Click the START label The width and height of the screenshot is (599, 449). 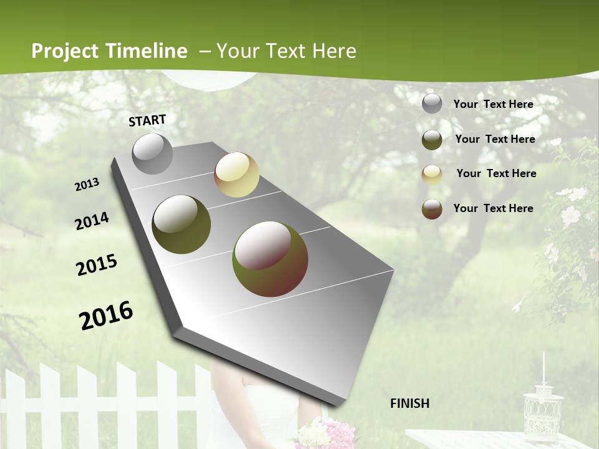point(147,120)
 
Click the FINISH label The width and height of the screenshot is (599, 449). point(409,403)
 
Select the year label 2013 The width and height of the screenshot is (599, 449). point(87,184)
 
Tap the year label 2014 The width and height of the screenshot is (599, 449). point(92,221)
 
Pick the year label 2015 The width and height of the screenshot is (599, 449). point(97,265)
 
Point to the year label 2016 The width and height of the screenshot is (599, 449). point(106,315)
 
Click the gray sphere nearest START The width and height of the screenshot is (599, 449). point(152,153)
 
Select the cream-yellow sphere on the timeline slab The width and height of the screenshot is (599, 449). point(236,175)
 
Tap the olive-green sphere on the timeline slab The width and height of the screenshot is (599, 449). point(181,224)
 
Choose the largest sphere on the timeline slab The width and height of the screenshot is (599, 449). point(270,258)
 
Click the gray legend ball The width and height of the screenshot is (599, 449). point(432,104)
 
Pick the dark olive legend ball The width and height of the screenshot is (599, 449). point(432,140)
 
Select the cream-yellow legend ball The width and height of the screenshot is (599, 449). point(432,175)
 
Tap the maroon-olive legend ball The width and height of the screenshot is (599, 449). point(432,209)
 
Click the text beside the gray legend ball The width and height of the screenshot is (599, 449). point(493,104)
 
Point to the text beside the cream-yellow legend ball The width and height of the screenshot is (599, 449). point(496,173)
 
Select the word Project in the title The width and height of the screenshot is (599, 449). point(65,51)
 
